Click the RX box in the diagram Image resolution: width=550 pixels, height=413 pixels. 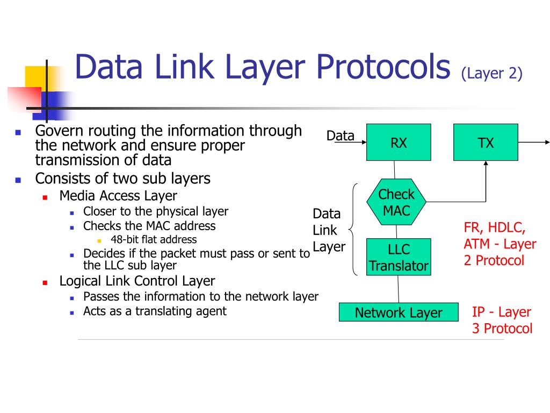click(x=399, y=143)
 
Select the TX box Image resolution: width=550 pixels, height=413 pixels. click(x=486, y=143)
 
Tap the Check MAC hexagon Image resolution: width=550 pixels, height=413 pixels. click(x=397, y=202)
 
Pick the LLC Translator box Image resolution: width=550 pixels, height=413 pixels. click(x=399, y=257)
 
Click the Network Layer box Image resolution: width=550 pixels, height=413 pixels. click(x=398, y=312)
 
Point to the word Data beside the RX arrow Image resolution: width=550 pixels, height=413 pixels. click(x=341, y=136)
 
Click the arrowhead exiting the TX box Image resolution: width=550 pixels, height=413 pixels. click(x=547, y=143)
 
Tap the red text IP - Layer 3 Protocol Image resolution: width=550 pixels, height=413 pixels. click(x=502, y=320)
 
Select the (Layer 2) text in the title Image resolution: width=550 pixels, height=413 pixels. click(x=491, y=74)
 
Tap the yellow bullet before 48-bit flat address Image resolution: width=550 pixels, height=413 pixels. click(x=99, y=240)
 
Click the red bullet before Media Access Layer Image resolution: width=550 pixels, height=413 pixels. click(x=46, y=197)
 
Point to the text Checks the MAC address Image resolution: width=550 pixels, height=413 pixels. click(x=149, y=226)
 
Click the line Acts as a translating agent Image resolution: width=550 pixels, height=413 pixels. click(x=155, y=311)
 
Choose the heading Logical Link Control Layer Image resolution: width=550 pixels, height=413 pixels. click(x=137, y=281)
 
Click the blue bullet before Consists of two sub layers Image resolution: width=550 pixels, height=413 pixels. click(x=18, y=180)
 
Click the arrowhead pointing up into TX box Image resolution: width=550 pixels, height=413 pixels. click(x=486, y=164)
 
